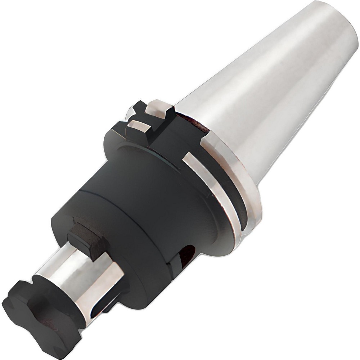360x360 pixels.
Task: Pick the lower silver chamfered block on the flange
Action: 138,127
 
